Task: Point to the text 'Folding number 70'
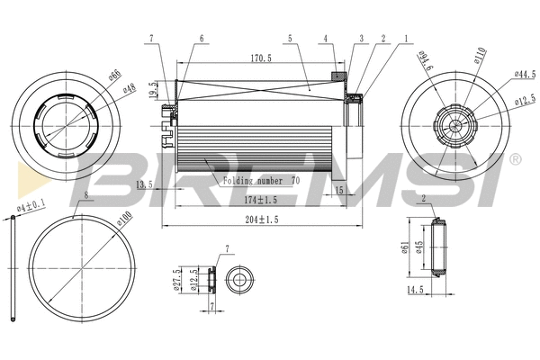click(x=262, y=180)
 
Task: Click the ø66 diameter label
click(x=114, y=77)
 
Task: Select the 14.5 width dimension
click(x=414, y=290)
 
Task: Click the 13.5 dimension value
click(x=143, y=184)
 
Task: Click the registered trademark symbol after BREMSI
click(x=515, y=159)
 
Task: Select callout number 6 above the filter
click(x=201, y=38)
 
